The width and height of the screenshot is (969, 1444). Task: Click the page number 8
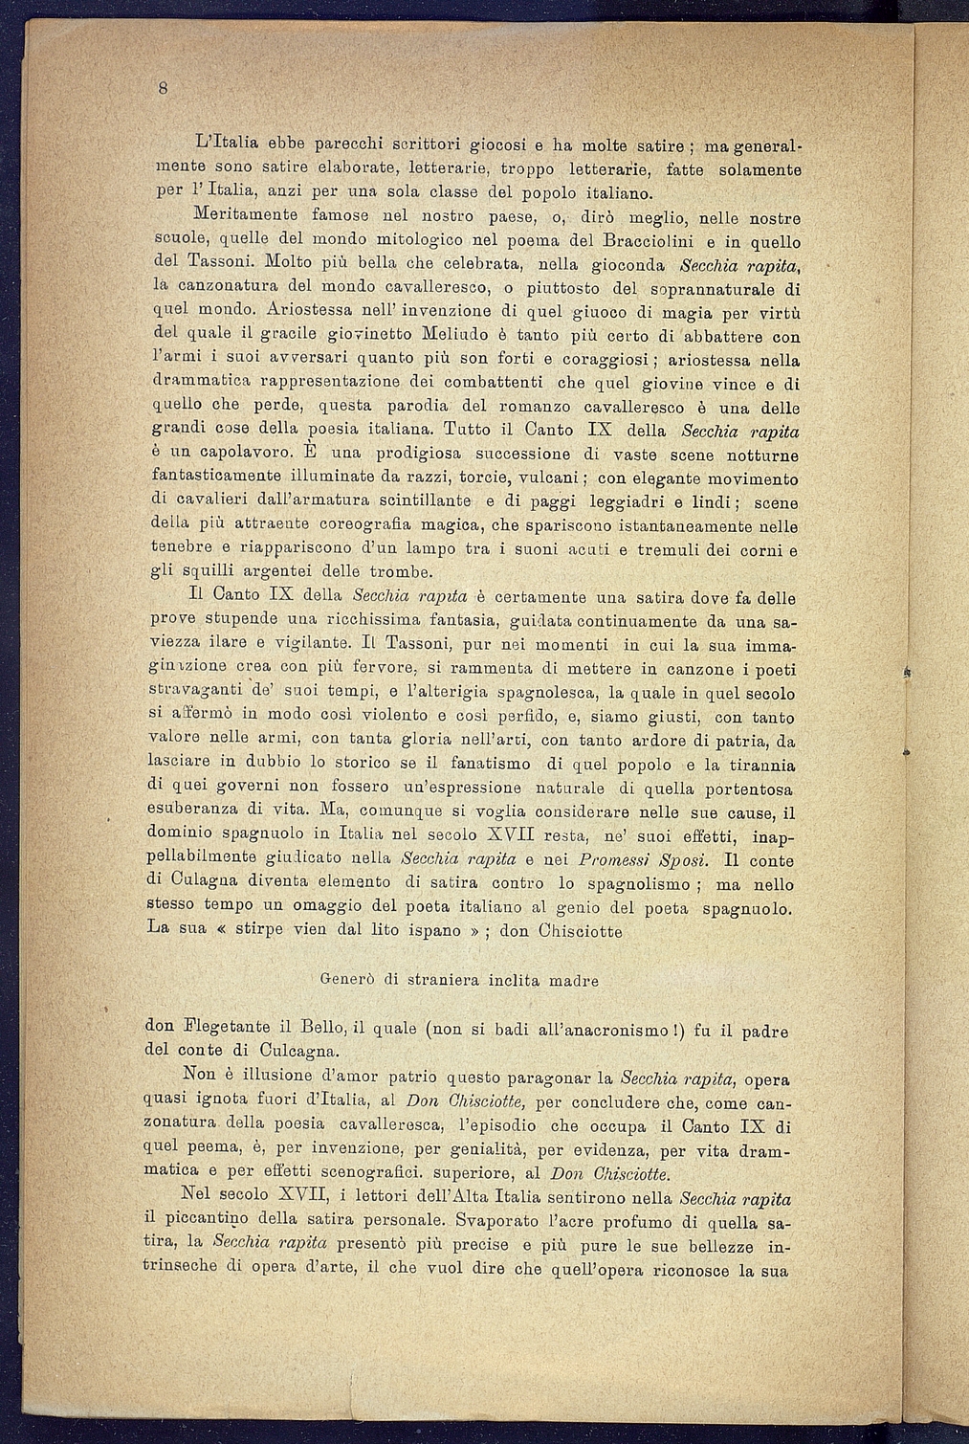(x=164, y=89)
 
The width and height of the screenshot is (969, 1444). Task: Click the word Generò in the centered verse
(x=345, y=980)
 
